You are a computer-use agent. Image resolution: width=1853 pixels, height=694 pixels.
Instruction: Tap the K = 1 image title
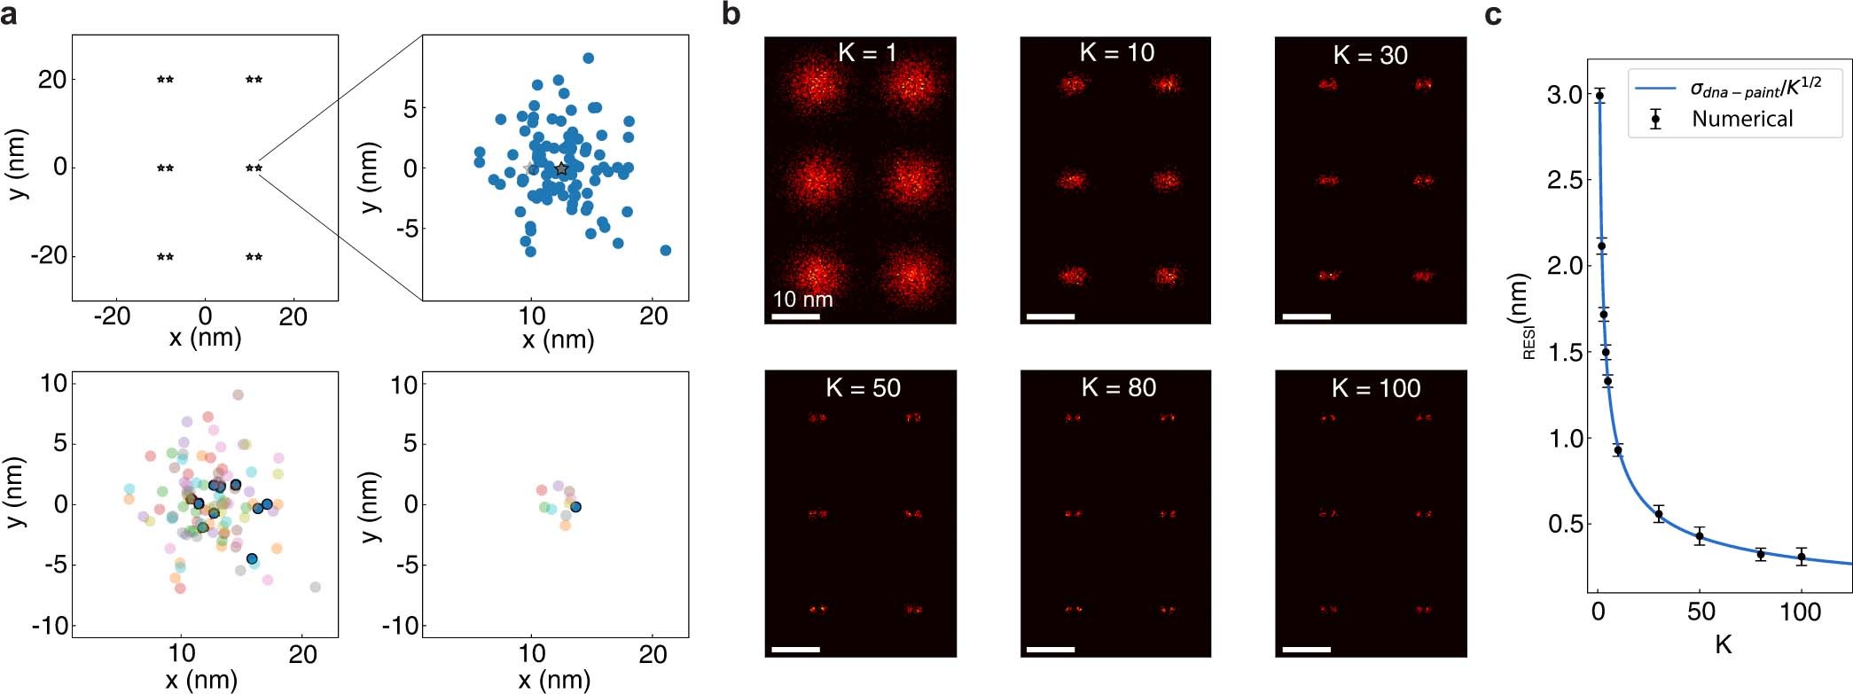pos(866,52)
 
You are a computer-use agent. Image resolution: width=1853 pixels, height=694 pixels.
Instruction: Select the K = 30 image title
pos(1370,55)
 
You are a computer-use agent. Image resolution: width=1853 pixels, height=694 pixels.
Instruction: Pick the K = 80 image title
pos(1118,387)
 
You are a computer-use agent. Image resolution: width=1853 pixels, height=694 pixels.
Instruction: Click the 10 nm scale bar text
pos(802,299)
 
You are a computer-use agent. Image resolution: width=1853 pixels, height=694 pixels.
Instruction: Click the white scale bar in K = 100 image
pos(1306,650)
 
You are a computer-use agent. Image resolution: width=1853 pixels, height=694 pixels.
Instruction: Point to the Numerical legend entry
pos(1741,119)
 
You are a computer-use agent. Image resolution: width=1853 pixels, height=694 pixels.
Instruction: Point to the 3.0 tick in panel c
pos(1564,95)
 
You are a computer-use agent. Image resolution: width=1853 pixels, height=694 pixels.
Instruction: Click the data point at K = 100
pos(1801,557)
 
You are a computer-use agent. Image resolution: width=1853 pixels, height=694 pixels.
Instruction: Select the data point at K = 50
pos(1700,535)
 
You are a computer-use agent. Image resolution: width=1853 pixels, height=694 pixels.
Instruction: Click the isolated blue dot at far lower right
pos(665,250)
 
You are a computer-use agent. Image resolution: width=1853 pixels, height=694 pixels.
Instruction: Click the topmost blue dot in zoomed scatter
pos(588,58)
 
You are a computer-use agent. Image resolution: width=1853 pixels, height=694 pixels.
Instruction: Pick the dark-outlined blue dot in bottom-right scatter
pos(575,507)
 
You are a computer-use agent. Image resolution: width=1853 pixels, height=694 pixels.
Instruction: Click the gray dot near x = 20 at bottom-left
pos(315,587)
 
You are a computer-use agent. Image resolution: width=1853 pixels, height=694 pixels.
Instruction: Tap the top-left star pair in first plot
pos(165,80)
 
